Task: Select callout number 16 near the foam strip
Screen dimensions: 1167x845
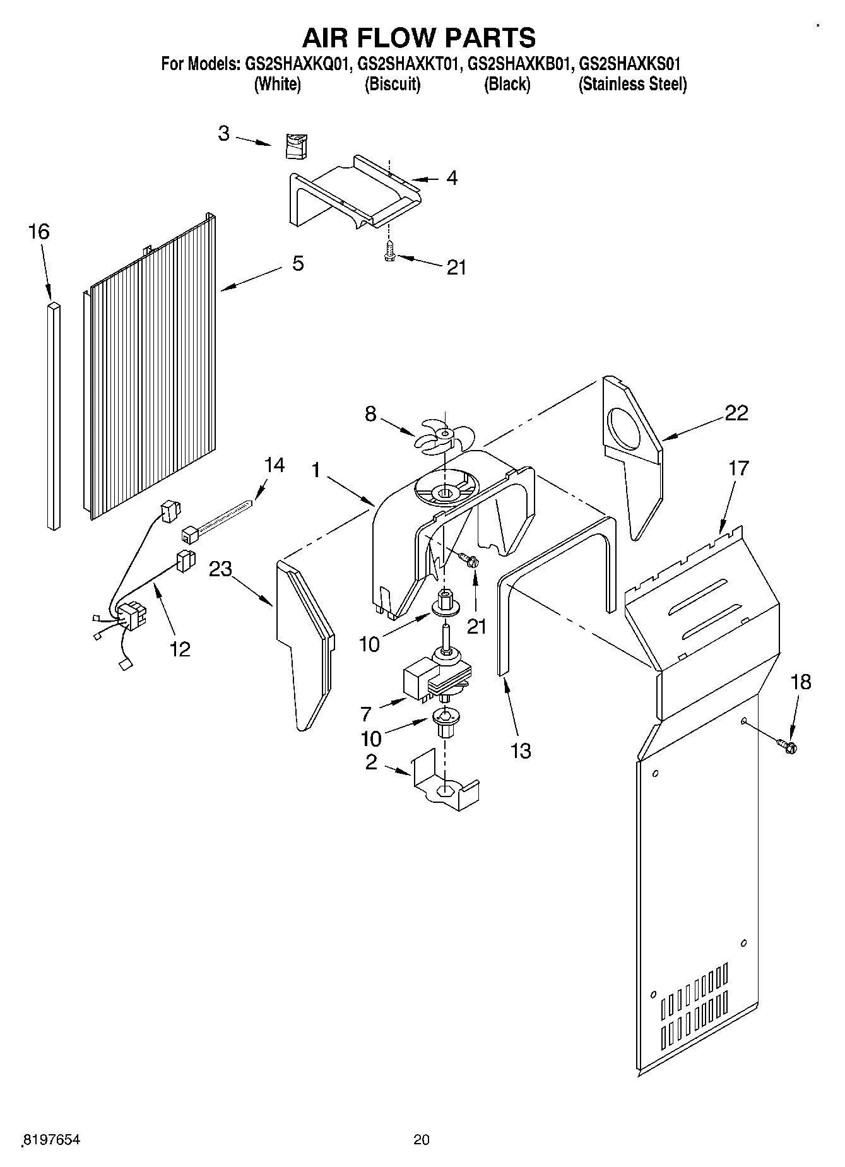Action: pos(38,232)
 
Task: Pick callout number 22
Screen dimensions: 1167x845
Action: pos(736,413)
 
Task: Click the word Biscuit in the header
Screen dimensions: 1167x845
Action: pos(393,85)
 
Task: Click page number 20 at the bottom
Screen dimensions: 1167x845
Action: pos(422,1139)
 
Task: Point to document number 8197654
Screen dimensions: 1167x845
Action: pos(52,1139)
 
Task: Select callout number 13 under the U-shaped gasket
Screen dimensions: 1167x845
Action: pos(521,750)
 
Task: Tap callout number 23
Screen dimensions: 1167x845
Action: pos(221,569)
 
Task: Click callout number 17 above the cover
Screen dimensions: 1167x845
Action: pos(738,468)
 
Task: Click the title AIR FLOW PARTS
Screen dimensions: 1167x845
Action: pos(419,38)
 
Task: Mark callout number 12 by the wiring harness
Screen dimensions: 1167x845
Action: pos(180,648)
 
